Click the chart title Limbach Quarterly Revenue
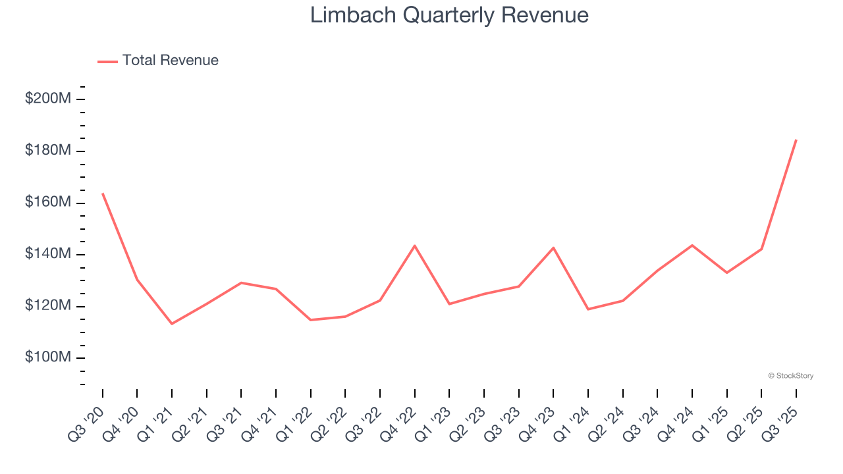click(x=449, y=15)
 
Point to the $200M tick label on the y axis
click(x=47, y=99)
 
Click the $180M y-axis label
click(x=47, y=151)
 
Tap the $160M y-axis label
click(x=47, y=202)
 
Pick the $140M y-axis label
click(x=47, y=254)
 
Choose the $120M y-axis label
click(x=47, y=305)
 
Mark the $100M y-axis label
click(x=47, y=357)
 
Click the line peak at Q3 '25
click(x=796, y=140)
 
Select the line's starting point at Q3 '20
click(x=103, y=194)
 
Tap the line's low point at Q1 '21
click(x=172, y=323)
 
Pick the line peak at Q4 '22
click(x=414, y=246)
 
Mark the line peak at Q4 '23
click(x=553, y=248)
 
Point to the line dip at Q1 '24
click(x=588, y=309)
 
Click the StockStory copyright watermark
click(x=790, y=376)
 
